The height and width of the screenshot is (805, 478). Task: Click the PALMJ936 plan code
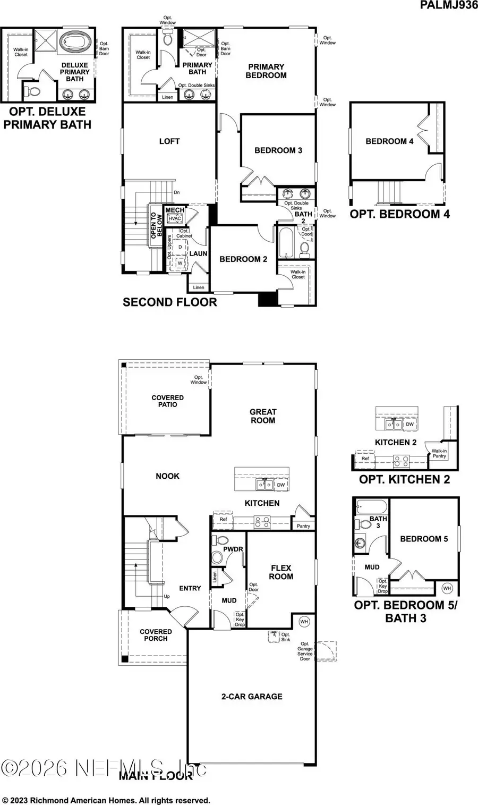448,5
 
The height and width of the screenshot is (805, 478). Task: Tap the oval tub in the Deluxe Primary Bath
75,41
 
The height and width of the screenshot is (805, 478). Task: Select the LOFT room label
169,141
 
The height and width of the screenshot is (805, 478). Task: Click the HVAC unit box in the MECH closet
175,218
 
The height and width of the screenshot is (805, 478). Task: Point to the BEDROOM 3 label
278,150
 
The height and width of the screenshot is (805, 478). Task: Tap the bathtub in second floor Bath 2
284,242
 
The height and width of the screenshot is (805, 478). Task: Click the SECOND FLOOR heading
170,302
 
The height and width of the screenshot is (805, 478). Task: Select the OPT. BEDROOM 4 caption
400,214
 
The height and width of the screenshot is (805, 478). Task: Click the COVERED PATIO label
168,401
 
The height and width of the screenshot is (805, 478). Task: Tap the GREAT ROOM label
263,416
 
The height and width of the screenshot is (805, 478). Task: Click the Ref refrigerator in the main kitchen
224,519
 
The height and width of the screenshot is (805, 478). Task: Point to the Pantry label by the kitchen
303,526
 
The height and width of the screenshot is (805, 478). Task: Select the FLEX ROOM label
281,572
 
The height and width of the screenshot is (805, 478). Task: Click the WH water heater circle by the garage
304,621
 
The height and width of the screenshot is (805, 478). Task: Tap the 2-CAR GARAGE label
252,696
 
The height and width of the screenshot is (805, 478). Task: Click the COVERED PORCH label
156,635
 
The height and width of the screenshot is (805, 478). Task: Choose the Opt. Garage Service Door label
305,651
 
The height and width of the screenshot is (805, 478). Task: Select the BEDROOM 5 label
424,539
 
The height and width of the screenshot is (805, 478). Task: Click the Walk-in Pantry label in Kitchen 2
439,453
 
